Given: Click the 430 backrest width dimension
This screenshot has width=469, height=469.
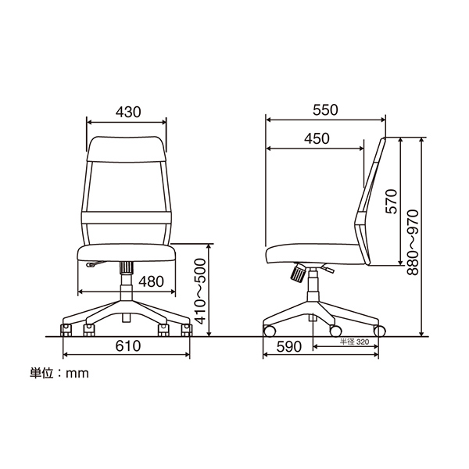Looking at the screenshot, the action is pyautogui.click(x=128, y=112).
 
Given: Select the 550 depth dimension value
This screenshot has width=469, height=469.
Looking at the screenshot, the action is pyautogui.click(x=325, y=109).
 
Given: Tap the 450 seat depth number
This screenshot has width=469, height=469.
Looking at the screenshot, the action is pyautogui.click(x=317, y=138).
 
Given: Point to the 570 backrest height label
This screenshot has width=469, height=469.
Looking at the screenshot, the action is pyautogui.click(x=392, y=202).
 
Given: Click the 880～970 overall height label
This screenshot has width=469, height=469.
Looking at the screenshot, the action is pyautogui.click(x=413, y=242).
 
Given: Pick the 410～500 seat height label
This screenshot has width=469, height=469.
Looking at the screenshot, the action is pyautogui.click(x=200, y=292).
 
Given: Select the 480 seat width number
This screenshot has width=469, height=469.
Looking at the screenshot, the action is pyautogui.click(x=152, y=281).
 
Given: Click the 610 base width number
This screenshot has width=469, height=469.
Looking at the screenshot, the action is pyautogui.click(x=128, y=346).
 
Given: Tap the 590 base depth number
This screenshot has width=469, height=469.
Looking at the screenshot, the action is pyautogui.click(x=289, y=347).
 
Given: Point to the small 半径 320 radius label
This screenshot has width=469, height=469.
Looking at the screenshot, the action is pyautogui.click(x=354, y=342).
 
